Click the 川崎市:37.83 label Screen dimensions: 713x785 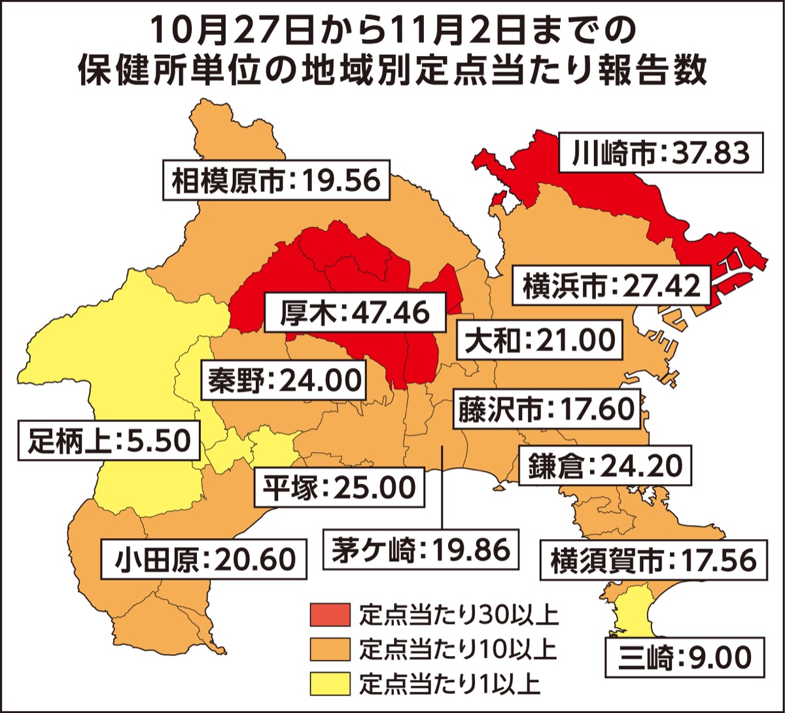click(661, 154)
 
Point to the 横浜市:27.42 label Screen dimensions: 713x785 click(614, 285)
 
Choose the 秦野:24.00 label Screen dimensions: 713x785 click(285, 380)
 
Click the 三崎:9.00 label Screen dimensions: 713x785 click(683, 657)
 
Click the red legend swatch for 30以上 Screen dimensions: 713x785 click(330, 615)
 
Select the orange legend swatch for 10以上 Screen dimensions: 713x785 click(330, 650)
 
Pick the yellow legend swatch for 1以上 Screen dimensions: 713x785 click(330, 685)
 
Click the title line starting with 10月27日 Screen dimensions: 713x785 click(392, 29)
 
